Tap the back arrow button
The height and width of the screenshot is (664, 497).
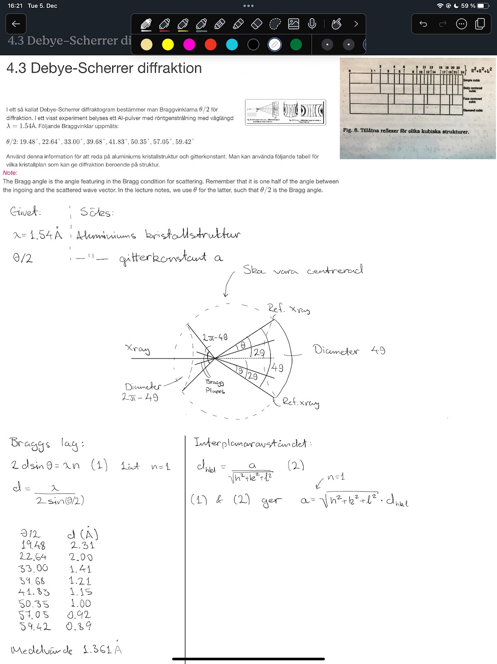click(x=16, y=24)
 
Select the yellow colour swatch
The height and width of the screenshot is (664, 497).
click(x=168, y=44)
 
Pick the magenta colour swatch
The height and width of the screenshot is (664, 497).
click(x=189, y=44)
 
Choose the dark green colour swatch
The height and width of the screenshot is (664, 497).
click(x=296, y=44)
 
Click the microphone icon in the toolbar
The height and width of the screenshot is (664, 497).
click(x=312, y=24)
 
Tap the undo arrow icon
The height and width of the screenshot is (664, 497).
click(x=423, y=24)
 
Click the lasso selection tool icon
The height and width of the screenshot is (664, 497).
click(x=275, y=24)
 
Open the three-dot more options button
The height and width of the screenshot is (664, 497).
click(x=461, y=24)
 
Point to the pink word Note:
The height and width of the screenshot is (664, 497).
click(x=10, y=173)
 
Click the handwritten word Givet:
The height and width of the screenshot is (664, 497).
click(x=25, y=212)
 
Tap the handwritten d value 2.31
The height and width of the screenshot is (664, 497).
click(x=82, y=545)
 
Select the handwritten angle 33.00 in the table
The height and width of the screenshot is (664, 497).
click(x=33, y=568)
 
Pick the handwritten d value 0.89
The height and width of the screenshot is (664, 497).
click(x=79, y=626)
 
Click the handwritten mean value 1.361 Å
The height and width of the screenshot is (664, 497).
click(x=102, y=649)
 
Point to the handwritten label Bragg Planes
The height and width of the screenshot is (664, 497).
click(x=215, y=386)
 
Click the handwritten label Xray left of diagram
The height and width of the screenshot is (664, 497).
click(x=138, y=349)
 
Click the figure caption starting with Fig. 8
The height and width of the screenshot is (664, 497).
click(x=406, y=131)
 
